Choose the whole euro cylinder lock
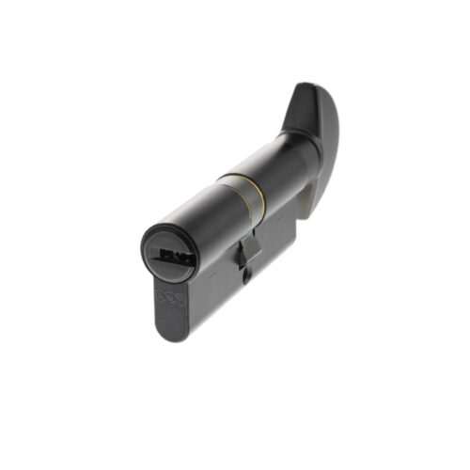(240, 216)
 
